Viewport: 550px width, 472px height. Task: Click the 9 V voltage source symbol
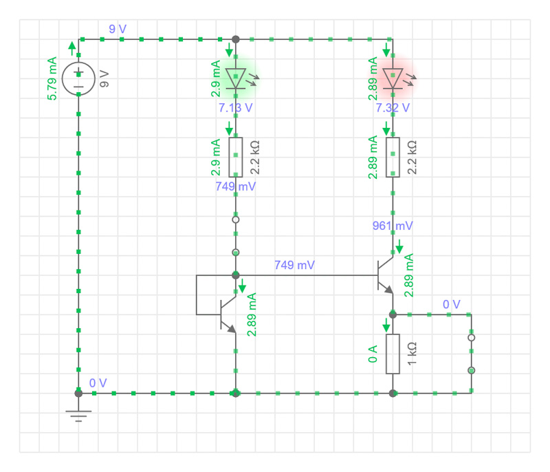pos(79,78)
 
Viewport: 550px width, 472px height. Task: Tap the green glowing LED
pos(236,78)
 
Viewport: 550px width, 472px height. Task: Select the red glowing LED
pos(393,78)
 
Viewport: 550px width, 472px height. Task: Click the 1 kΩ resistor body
pos(393,354)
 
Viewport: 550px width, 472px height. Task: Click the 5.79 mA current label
pos(52,78)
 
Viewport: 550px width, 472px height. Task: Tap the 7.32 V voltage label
pos(393,107)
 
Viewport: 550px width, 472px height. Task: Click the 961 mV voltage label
pos(393,226)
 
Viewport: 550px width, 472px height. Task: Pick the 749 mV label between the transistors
pos(294,265)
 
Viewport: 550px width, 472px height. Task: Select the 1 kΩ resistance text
pos(412,354)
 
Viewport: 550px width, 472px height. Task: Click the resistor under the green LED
pos(236,157)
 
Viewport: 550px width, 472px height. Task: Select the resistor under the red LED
pos(393,157)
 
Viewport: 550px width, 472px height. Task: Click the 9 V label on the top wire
pos(118,29)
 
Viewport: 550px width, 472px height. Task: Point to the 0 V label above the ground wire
pos(98,383)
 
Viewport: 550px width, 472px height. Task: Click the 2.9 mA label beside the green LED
pos(216,78)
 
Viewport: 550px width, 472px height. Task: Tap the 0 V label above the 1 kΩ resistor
pos(451,303)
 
